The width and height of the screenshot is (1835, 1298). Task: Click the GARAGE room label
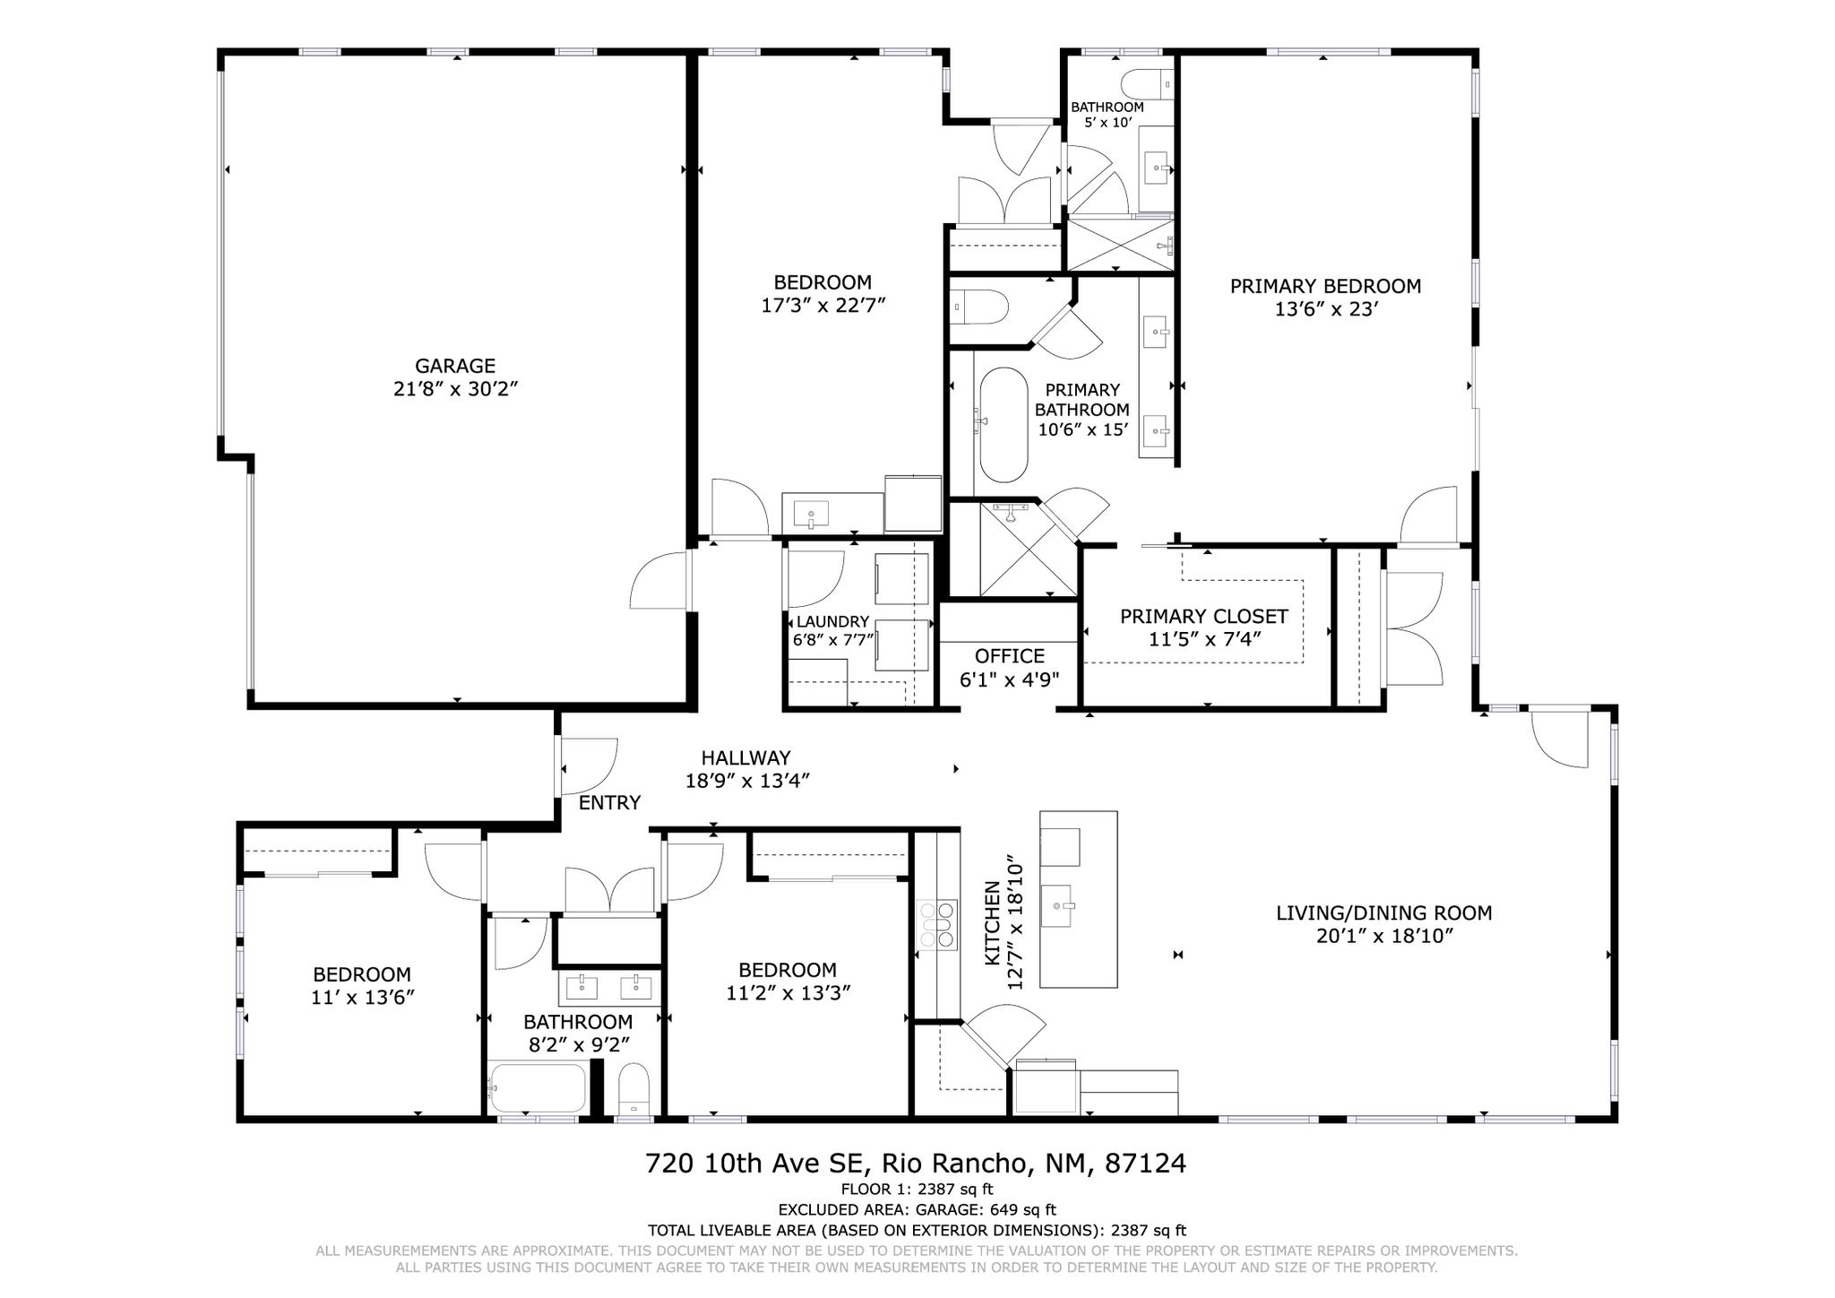[455, 366]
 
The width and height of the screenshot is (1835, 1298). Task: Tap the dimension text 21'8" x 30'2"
[455, 389]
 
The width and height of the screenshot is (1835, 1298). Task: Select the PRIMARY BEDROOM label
[1325, 286]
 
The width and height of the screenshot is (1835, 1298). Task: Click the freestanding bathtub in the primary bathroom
[1004, 425]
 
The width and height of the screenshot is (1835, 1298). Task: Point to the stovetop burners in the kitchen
[937, 924]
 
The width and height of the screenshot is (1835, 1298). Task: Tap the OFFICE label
[1010, 656]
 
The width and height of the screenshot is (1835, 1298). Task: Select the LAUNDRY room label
[832, 621]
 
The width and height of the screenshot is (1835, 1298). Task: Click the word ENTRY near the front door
[609, 803]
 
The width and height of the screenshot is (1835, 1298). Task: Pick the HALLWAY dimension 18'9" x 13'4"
[747, 781]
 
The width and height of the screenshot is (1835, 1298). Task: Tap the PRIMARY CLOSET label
[1203, 617]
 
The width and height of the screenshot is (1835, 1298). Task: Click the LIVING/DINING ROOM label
[1383, 913]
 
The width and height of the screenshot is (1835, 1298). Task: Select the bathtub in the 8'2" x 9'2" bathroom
[538, 1088]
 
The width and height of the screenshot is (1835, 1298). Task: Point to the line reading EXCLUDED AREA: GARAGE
[917, 1210]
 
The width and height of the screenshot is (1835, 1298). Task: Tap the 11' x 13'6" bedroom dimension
[362, 997]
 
